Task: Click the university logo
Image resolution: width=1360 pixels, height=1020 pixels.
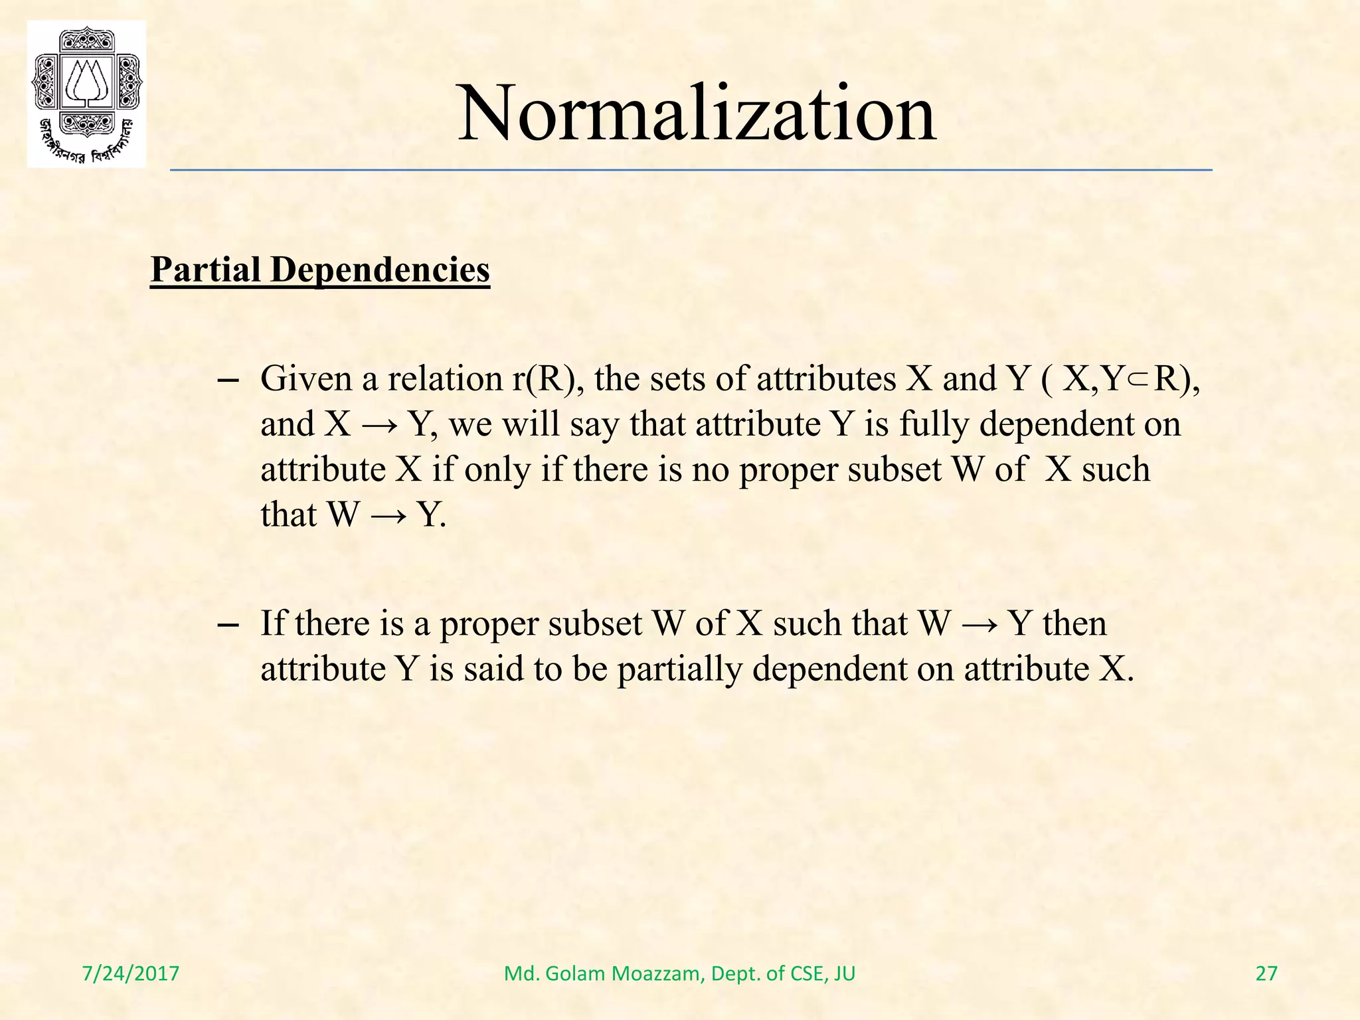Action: tap(86, 94)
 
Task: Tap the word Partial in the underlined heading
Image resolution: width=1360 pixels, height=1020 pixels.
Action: tap(206, 270)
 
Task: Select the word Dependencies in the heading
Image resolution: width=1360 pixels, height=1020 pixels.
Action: tap(380, 270)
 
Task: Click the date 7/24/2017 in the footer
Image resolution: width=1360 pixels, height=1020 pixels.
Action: tap(131, 974)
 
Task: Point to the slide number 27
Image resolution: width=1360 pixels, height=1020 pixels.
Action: tap(1266, 974)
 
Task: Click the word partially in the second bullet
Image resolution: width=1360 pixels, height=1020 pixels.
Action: tap(679, 669)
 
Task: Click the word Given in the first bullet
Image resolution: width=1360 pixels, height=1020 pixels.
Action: tap(305, 379)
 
